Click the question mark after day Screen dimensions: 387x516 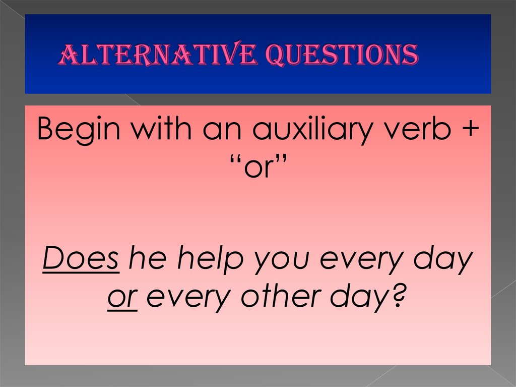(398, 297)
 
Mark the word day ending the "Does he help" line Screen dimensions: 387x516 (444, 260)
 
